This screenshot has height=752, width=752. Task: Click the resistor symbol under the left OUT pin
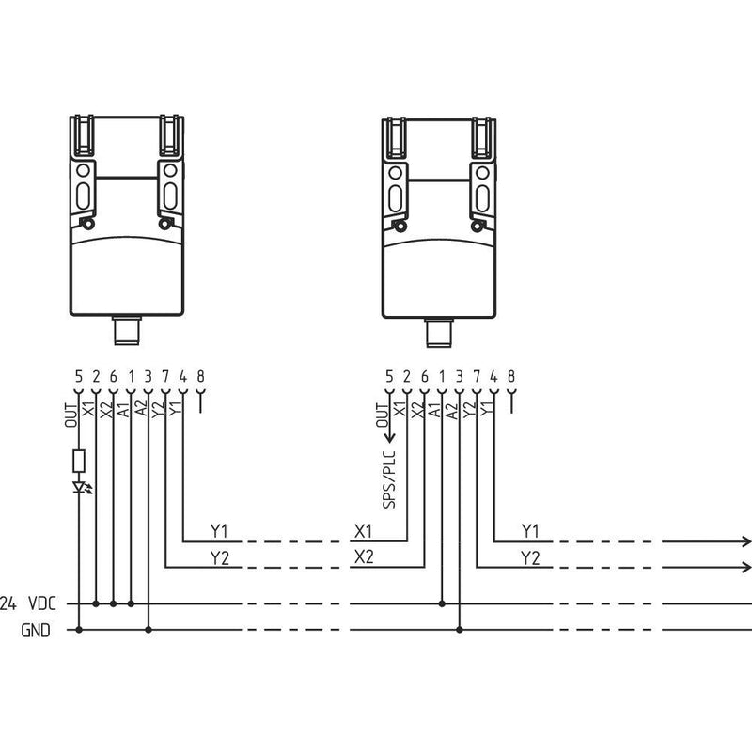click(x=79, y=461)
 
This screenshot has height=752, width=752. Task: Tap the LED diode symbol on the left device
click(x=80, y=487)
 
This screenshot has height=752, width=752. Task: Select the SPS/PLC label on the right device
click(x=389, y=479)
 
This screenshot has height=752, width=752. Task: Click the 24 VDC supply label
click(x=28, y=603)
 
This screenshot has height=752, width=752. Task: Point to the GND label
click(x=36, y=630)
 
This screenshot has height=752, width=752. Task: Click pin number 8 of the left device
click(x=200, y=376)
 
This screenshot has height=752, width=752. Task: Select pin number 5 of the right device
click(x=389, y=377)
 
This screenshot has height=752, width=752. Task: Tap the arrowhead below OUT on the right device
click(x=389, y=437)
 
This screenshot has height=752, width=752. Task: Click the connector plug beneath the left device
click(x=127, y=331)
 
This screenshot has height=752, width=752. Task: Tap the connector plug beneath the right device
click(x=439, y=333)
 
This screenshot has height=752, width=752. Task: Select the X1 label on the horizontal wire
click(x=364, y=531)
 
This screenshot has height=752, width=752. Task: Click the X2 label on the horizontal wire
click(x=364, y=556)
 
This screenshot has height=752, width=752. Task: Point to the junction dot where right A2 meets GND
click(x=460, y=630)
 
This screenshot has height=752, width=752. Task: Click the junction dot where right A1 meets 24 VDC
click(x=442, y=603)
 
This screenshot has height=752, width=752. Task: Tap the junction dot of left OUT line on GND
click(x=79, y=630)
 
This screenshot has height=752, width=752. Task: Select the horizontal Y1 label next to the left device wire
click(x=219, y=531)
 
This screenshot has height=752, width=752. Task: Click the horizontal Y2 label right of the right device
click(x=530, y=557)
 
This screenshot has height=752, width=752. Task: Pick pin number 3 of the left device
click(x=149, y=376)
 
